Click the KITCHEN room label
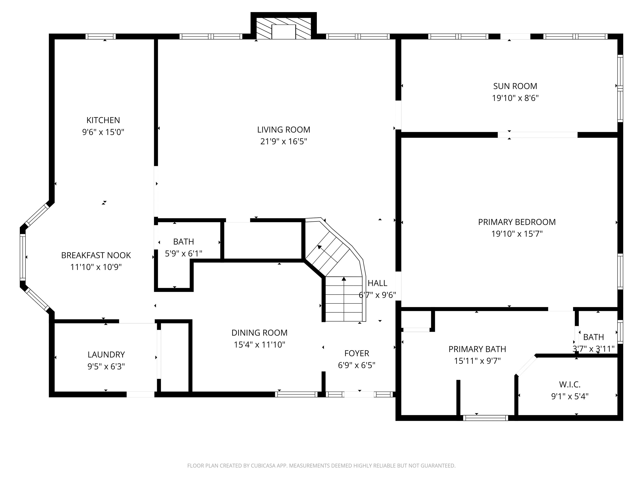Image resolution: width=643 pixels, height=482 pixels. pyautogui.click(x=103, y=120)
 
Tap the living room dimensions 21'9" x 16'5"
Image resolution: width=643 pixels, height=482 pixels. pyautogui.click(x=284, y=141)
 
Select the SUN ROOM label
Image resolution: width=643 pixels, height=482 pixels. pyautogui.click(x=515, y=86)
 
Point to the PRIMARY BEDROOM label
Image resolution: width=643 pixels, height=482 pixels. pyautogui.click(x=517, y=222)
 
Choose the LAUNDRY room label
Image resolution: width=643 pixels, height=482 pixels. pyautogui.click(x=106, y=355)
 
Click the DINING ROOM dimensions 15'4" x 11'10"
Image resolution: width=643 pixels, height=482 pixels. pyautogui.click(x=259, y=345)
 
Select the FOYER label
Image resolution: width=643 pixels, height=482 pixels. pyautogui.click(x=356, y=353)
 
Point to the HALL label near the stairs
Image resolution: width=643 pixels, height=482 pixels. pyautogui.click(x=377, y=283)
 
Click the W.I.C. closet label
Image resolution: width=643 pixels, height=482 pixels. pyautogui.click(x=569, y=384)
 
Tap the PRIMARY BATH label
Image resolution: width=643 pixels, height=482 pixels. pyautogui.click(x=477, y=349)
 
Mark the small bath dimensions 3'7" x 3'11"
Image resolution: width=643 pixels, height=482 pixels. pyautogui.click(x=593, y=349)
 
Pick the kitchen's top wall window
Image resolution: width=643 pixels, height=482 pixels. pyautogui.click(x=101, y=37)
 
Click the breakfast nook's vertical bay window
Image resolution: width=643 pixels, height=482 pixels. pyautogui.click(x=23, y=257)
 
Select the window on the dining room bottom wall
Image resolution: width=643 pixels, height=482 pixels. pyautogui.click(x=296, y=394)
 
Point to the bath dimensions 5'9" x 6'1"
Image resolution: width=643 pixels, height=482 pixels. pyautogui.click(x=183, y=254)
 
